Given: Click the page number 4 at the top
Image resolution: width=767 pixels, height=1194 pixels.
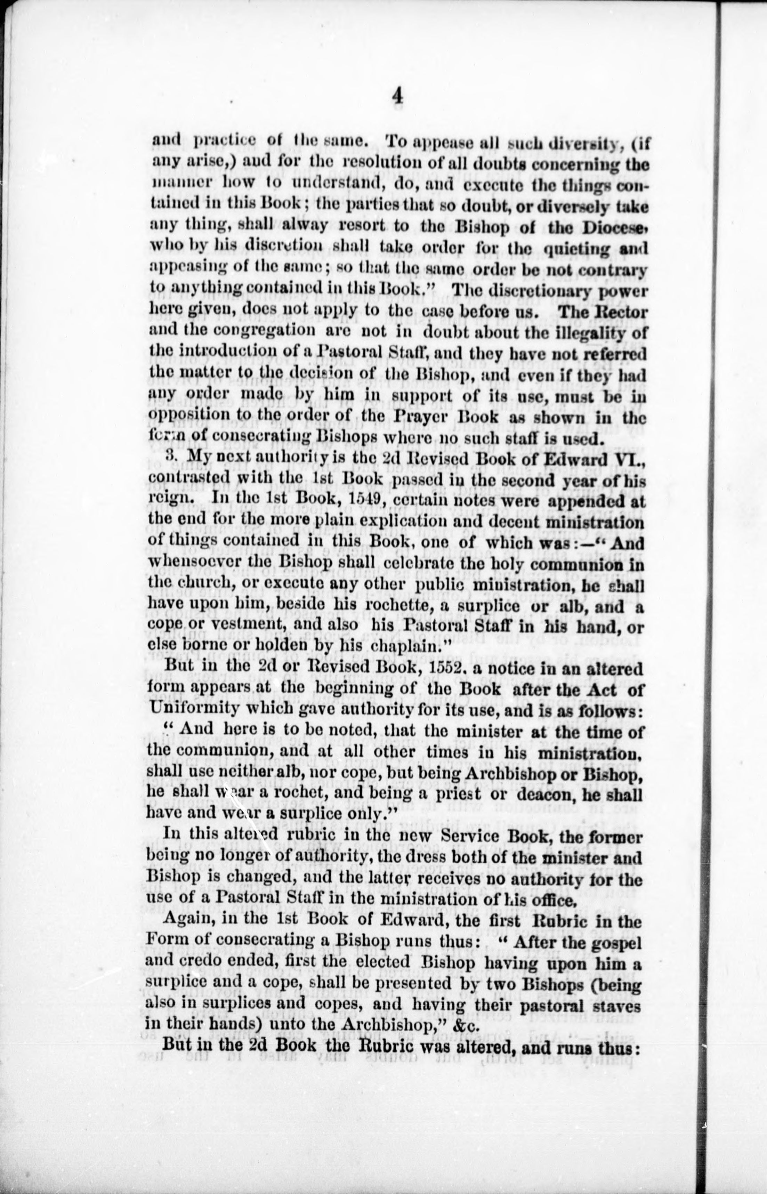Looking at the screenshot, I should coord(397,96).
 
